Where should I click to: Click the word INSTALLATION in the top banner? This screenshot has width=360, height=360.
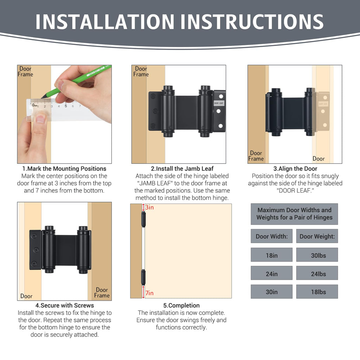click(105, 21)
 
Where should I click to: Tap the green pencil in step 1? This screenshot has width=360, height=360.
click(76, 82)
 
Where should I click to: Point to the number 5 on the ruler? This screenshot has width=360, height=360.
click(66, 106)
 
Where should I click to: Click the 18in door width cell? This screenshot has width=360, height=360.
click(272, 255)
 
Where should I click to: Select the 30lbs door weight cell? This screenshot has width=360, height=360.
click(317, 255)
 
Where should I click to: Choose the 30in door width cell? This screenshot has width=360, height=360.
click(272, 291)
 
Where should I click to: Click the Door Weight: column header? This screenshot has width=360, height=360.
click(317, 236)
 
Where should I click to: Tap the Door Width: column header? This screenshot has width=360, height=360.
click(272, 236)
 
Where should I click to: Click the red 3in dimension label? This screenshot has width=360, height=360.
click(149, 207)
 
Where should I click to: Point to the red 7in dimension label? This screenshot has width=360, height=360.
click(149, 293)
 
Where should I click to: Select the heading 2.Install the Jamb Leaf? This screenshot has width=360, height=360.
click(182, 168)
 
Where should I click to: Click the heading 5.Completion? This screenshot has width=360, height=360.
click(181, 306)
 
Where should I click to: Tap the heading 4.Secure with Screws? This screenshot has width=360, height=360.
click(65, 306)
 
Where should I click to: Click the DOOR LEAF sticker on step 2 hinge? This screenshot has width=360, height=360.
click(219, 103)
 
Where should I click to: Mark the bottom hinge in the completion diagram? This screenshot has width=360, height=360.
click(143, 278)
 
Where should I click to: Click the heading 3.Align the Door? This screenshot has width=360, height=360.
click(295, 168)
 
